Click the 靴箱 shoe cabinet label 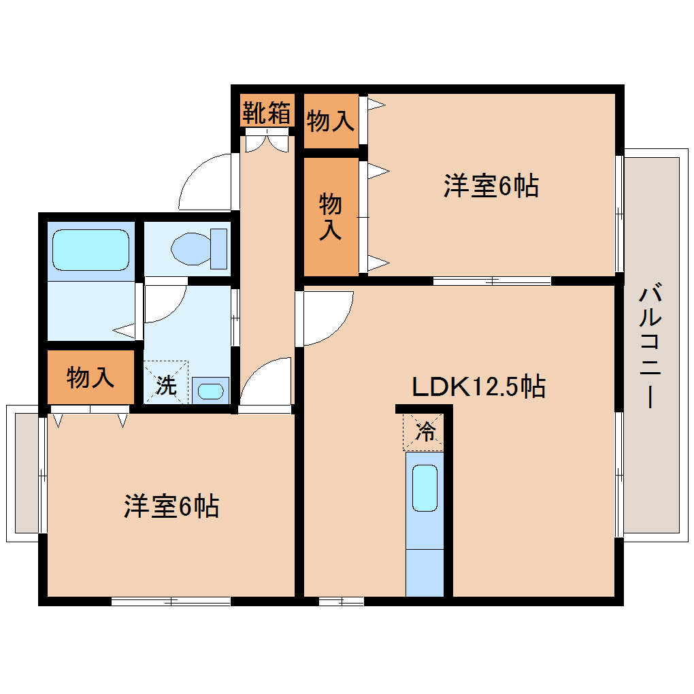[x=267, y=112]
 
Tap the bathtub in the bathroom [x=90, y=250]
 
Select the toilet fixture [x=199, y=248]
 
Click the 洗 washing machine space [x=165, y=384]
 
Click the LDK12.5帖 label [x=478, y=386]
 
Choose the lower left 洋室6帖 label [x=171, y=506]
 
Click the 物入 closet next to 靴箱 [x=331, y=121]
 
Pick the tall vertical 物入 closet [x=331, y=216]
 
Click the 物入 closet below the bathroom [x=90, y=377]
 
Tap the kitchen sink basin [x=425, y=488]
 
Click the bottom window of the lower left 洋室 [x=171, y=601]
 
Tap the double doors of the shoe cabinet [x=267, y=142]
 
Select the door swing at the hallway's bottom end [x=265, y=384]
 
